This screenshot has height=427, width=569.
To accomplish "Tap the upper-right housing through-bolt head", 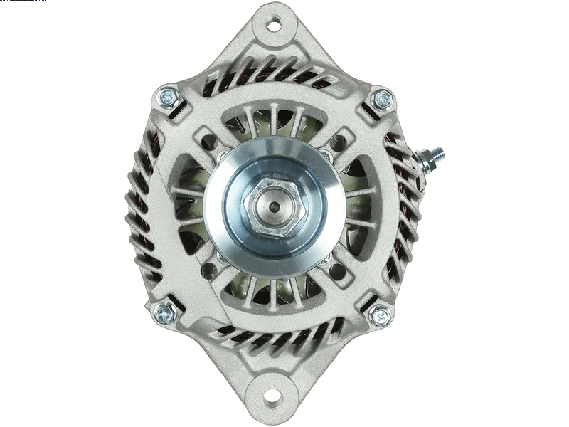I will pos(382,97).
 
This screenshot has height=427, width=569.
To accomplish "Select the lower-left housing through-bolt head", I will pos(165,311).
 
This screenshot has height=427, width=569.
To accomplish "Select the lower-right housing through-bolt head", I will pos(379,314).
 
